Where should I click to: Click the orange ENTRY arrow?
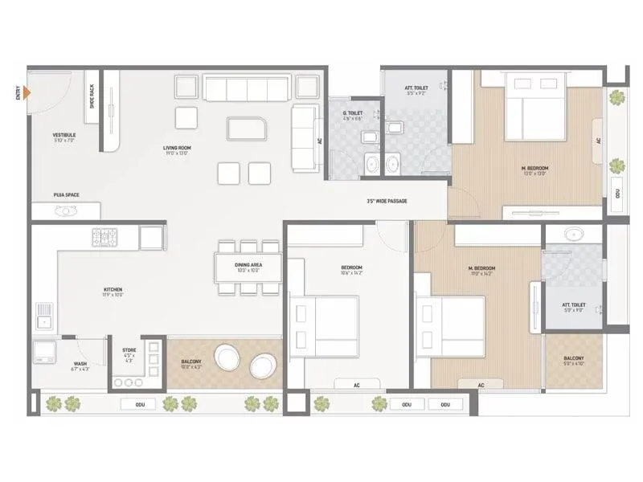28,93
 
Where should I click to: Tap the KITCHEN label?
113,291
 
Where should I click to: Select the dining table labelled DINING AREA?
247,268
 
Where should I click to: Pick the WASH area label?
81,366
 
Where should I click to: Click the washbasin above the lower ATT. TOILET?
572,235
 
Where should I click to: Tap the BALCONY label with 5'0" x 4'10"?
573,361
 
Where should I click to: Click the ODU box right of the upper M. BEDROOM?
616,194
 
